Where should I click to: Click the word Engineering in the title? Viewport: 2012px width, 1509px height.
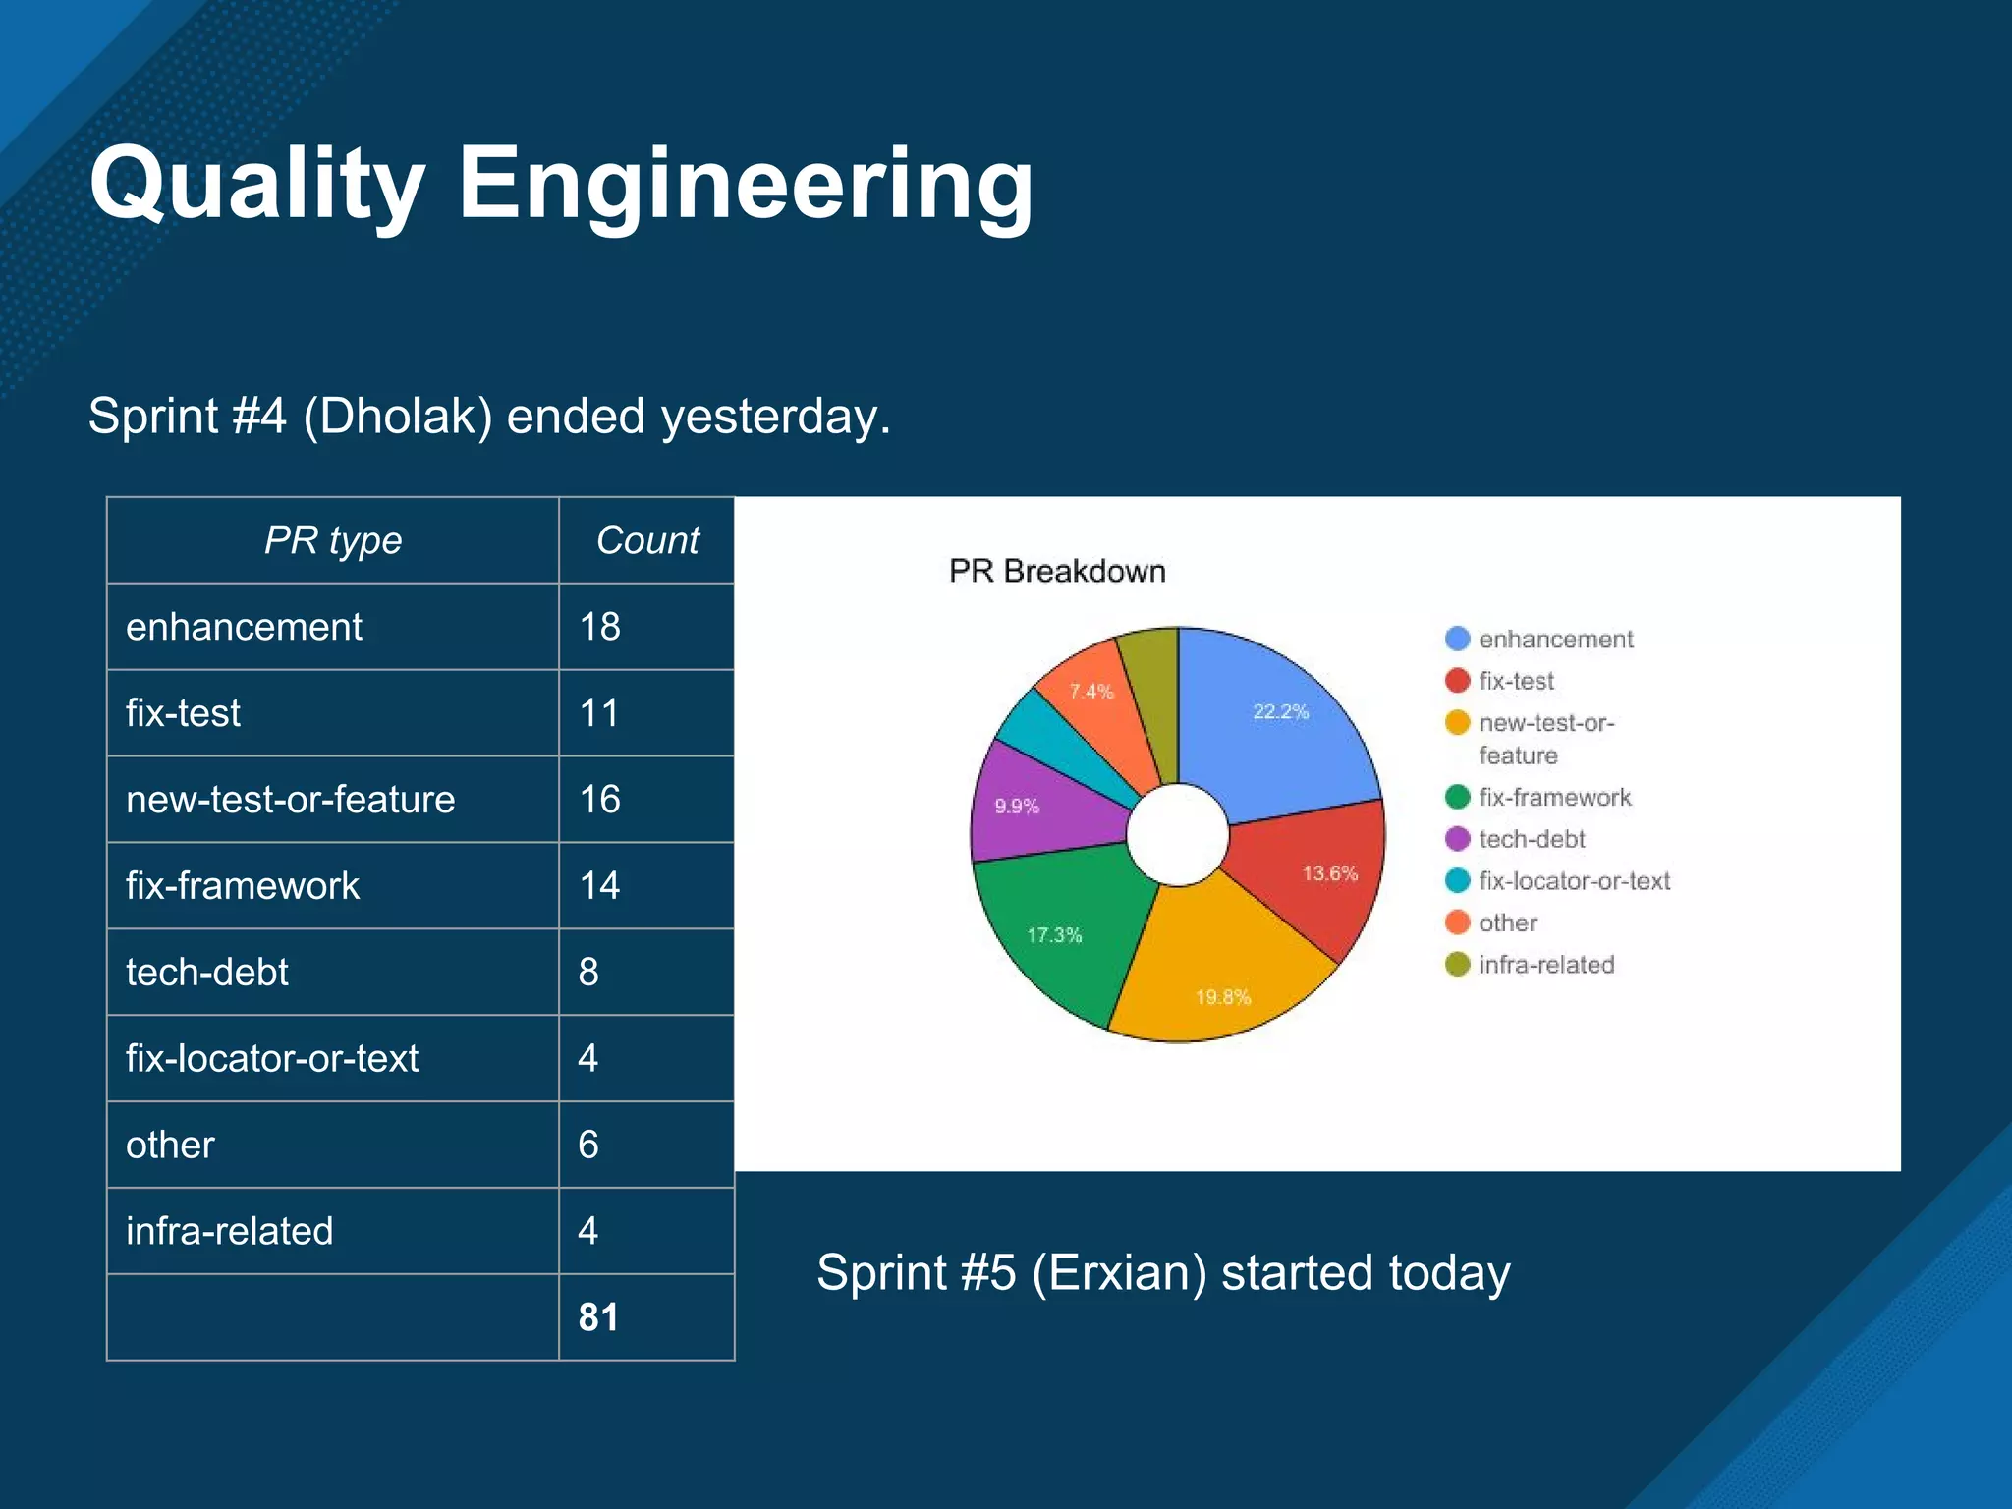pos(745,185)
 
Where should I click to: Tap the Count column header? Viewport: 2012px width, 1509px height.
pos(647,540)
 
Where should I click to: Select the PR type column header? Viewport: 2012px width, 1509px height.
pos(333,540)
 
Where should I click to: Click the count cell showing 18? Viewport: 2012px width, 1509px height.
pos(599,627)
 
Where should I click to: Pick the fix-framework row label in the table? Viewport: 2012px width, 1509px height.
pos(243,886)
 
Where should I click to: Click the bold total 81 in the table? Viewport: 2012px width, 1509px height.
pos(598,1317)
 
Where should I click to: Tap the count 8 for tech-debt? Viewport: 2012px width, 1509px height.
pos(588,973)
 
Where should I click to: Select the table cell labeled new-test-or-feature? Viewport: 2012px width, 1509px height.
pos(290,800)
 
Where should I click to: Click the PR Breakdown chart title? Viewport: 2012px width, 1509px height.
pos(1057,571)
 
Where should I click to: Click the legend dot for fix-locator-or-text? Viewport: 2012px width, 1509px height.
pos(1457,881)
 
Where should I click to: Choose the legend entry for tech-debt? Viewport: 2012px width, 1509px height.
pos(1532,840)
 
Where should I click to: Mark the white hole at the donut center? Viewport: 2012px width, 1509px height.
pos(1177,835)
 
